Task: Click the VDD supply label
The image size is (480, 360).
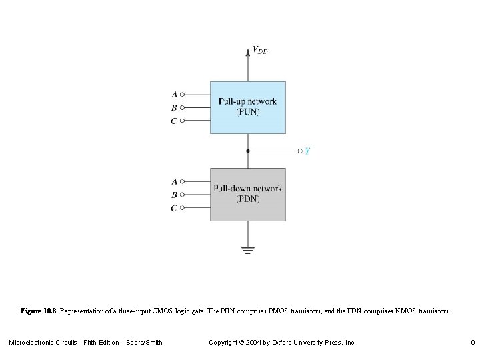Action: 260,50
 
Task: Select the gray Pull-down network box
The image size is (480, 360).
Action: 248,194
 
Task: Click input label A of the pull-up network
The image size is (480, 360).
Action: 174,95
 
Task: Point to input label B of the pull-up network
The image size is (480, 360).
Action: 174,107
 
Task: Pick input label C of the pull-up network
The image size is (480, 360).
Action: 174,121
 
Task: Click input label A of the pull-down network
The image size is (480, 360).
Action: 174,181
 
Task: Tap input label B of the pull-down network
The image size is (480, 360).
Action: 174,195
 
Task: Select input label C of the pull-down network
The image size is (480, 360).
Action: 174,208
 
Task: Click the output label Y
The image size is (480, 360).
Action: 307,151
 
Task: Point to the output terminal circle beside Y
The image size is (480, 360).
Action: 300,151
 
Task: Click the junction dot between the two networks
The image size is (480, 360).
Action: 248,151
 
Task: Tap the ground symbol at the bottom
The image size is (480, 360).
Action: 248,250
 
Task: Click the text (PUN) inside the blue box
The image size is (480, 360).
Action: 248,112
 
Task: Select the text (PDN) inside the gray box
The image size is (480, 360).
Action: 248,199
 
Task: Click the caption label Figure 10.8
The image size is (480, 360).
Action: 39,311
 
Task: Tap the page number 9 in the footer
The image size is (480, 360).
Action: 471,343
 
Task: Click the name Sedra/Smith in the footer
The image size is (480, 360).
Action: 144,343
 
